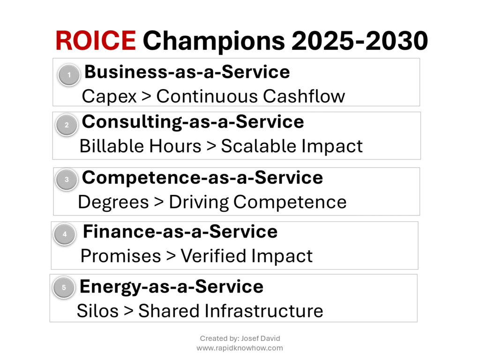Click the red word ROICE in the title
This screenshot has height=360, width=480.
tap(96, 40)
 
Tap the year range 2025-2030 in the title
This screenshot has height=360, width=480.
tap(360, 40)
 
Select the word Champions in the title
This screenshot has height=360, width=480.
tap(214, 41)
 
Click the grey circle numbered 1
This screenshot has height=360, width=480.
tap(69, 75)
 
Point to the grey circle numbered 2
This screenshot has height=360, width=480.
tap(67, 125)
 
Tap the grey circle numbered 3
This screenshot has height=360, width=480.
tap(67, 180)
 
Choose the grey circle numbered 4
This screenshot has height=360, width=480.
tap(65, 234)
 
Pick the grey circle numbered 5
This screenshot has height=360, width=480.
tap(64, 287)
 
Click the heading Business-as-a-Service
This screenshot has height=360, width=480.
tap(187, 72)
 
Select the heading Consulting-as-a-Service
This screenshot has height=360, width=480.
tap(193, 122)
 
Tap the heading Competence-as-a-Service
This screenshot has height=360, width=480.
tap(202, 178)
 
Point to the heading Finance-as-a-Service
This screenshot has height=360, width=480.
tap(180, 232)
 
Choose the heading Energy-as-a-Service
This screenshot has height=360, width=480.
tap(172, 287)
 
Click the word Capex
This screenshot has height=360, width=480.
tap(109, 97)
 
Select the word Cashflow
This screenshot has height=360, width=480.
tap(304, 96)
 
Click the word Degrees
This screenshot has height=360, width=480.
tap(113, 202)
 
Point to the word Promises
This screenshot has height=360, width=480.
tap(120, 256)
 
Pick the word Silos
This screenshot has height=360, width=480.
tap(97, 311)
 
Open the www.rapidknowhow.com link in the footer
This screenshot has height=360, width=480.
tap(240, 348)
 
